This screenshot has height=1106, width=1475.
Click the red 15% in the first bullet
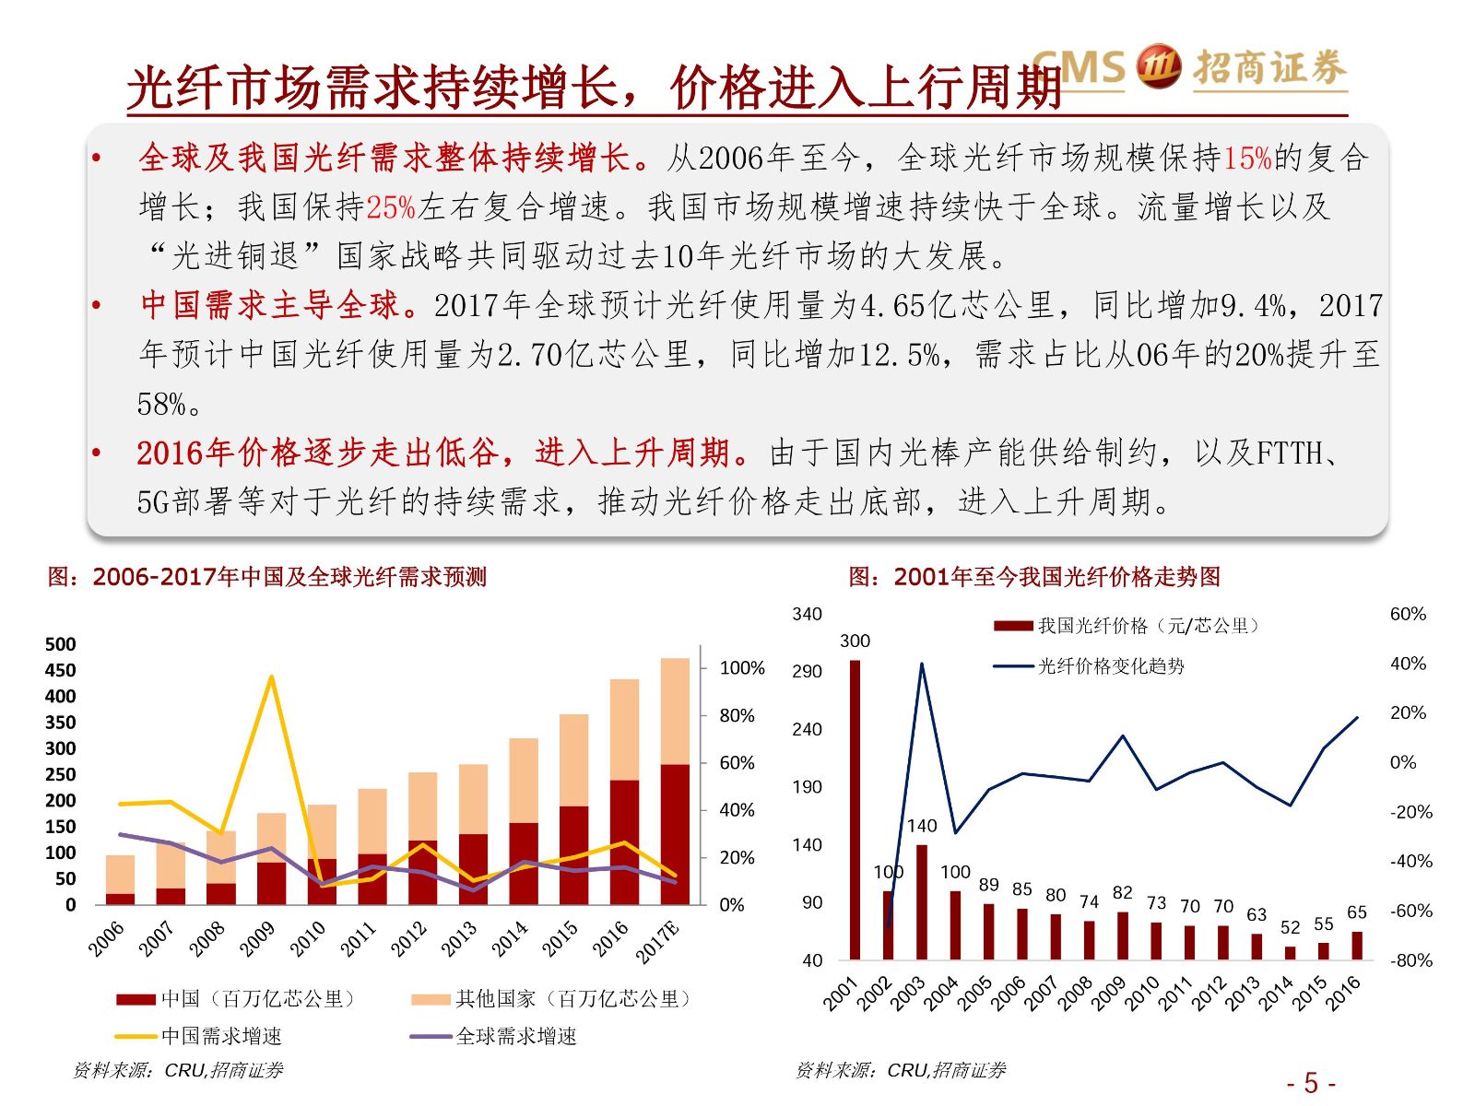(x=1247, y=159)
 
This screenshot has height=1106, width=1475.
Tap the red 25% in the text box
(x=391, y=207)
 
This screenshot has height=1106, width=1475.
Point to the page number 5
(x=1311, y=1083)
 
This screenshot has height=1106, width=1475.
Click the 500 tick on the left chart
(x=61, y=644)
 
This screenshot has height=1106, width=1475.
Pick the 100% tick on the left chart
(x=742, y=668)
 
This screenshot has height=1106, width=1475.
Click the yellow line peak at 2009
(x=271, y=677)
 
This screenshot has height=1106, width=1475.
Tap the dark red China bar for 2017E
(x=675, y=834)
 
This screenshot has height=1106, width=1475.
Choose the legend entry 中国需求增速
(x=221, y=1037)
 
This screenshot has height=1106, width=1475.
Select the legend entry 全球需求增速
(x=516, y=1037)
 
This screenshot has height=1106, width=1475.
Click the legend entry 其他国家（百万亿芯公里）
(x=572, y=999)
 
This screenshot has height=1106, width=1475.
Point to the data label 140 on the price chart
(x=921, y=826)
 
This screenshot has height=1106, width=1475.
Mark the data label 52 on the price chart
(x=1290, y=927)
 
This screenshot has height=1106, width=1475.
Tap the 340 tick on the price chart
(x=807, y=615)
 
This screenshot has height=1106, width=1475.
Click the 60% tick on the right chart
(x=1408, y=615)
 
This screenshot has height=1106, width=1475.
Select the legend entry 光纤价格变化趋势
(x=1111, y=666)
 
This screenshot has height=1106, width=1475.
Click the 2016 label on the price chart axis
(x=1343, y=994)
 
